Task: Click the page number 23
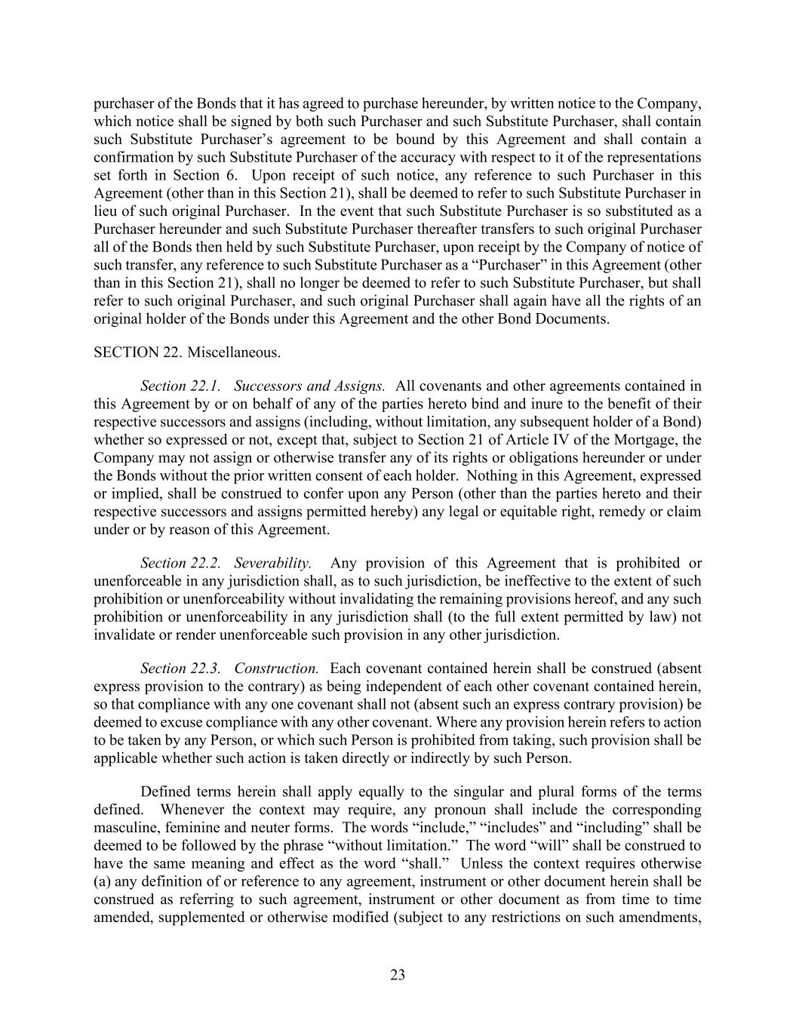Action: tap(398, 975)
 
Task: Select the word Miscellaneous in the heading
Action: tap(233, 352)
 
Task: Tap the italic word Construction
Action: tap(276, 669)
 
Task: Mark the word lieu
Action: tap(106, 211)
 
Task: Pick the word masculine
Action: tap(125, 828)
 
